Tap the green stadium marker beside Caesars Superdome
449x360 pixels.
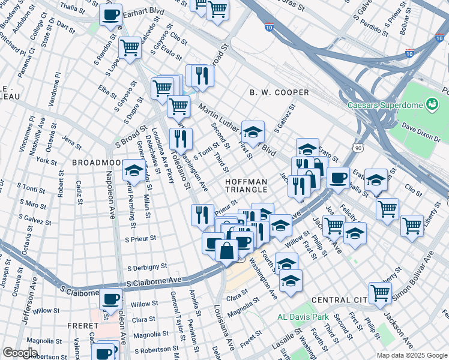pos(431,105)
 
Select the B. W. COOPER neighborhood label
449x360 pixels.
pos(279,93)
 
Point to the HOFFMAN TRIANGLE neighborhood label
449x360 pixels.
pos(246,185)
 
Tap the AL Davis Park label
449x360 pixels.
pos(303,316)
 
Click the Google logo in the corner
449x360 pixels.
pos(20,353)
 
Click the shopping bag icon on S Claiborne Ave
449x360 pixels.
pos(226,250)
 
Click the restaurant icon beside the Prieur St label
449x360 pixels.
pos(202,214)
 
